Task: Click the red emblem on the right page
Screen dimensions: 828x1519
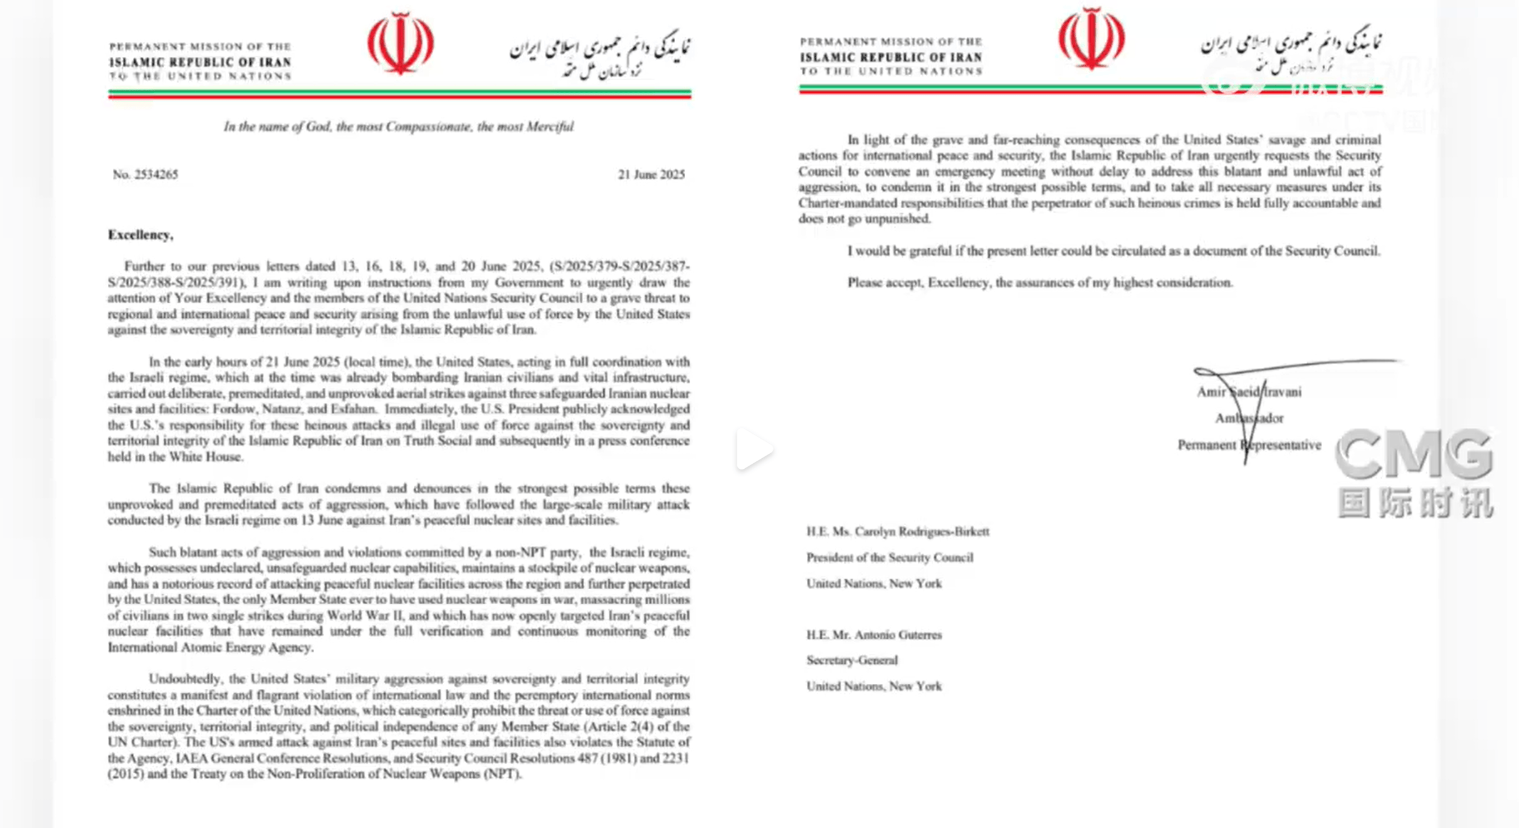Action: pyautogui.click(x=1091, y=39)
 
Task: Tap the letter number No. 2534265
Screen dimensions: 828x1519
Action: pyautogui.click(x=145, y=175)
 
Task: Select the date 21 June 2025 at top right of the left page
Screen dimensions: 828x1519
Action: pyautogui.click(x=651, y=175)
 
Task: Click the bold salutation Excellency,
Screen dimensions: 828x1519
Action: pyautogui.click(x=140, y=235)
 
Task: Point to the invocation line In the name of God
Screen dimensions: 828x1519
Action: pyautogui.click(x=398, y=127)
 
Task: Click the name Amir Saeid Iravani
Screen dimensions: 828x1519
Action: pyautogui.click(x=1249, y=392)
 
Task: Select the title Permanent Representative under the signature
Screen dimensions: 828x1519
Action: pyautogui.click(x=1249, y=445)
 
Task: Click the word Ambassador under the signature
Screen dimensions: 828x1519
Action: pyautogui.click(x=1249, y=418)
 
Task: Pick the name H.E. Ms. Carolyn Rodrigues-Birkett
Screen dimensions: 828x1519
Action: pyautogui.click(x=898, y=532)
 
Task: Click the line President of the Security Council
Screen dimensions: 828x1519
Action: pyautogui.click(x=890, y=557)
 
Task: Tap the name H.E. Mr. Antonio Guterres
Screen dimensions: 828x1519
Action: pyautogui.click(x=874, y=635)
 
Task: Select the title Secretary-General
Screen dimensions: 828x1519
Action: pyautogui.click(x=852, y=660)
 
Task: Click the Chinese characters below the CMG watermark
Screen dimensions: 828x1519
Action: pyautogui.click(x=1415, y=503)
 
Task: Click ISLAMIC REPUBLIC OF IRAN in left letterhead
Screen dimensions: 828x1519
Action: pyautogui.click(x=200, y=62)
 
